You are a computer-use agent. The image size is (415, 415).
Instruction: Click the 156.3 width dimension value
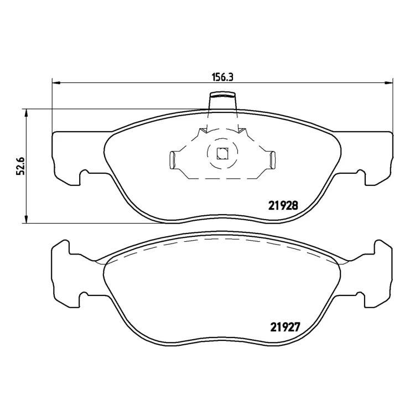point(222,77)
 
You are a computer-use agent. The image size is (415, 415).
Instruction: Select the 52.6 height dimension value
point(20,166)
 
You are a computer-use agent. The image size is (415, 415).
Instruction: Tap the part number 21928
point(283,205)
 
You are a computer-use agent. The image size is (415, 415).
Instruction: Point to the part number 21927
point(285,327)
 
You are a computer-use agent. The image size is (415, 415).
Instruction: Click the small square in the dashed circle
point(222,154)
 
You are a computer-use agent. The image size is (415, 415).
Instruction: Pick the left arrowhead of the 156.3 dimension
point(56,83)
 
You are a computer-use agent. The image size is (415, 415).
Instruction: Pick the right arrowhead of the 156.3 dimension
point(389,83)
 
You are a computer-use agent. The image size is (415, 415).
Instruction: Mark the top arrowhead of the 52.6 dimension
point(26,113)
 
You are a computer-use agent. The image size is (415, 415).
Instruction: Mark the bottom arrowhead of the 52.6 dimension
point(26,219)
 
